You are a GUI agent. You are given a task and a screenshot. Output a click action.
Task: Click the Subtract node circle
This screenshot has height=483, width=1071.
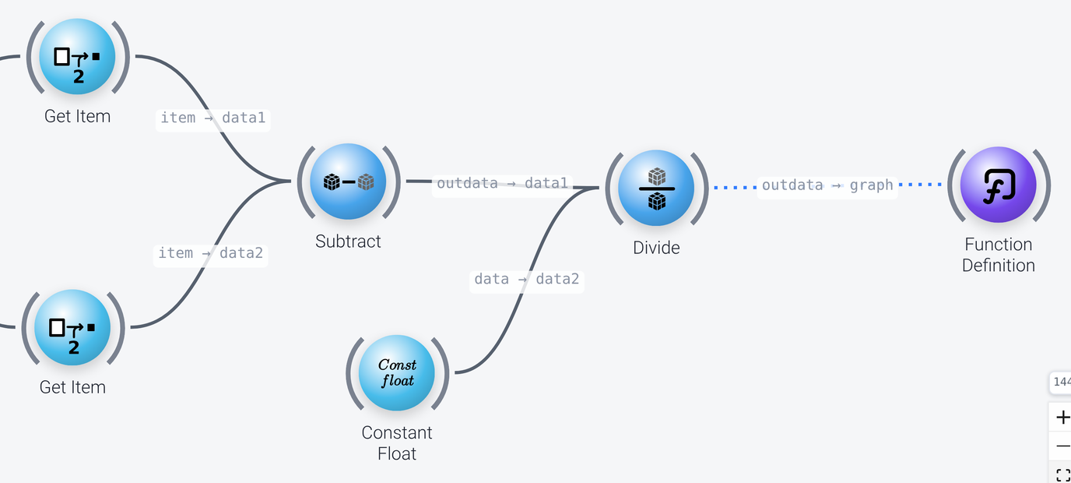[348, 182]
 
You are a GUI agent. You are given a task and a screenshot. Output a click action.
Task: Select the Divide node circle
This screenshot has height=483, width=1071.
[656, 188]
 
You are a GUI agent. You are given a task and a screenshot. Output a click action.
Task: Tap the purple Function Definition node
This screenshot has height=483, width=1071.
[999, 185]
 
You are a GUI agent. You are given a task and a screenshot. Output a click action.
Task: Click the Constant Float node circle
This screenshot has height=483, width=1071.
[397, 372]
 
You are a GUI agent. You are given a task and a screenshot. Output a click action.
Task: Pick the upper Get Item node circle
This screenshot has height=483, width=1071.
[77, 57]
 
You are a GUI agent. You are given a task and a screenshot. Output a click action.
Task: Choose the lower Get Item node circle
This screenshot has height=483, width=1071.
[72, 327]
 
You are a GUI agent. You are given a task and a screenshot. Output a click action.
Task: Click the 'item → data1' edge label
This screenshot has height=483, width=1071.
[212, 118]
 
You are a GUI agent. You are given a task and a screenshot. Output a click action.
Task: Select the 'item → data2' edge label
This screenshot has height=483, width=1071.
[210, 253]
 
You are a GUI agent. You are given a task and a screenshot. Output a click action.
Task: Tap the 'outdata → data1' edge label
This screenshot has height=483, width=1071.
[502, 183]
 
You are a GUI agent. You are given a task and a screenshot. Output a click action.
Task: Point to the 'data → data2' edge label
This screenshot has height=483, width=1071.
[526, 279]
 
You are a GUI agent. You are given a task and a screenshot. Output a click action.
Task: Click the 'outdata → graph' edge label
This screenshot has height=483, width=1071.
[827, 185]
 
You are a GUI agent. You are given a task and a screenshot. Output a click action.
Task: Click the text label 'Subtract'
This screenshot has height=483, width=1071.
[348, 241]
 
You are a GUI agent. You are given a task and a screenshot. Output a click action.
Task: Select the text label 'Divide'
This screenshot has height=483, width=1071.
[656, 248]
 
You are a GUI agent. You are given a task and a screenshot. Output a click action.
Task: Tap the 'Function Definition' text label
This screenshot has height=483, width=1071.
[999, 255]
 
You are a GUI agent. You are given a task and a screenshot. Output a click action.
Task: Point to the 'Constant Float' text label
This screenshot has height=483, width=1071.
[397, 442]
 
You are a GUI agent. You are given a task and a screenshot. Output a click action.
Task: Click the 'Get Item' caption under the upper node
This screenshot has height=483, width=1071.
[77, 116]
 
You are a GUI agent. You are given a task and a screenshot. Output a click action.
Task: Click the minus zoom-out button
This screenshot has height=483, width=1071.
[1062, 446]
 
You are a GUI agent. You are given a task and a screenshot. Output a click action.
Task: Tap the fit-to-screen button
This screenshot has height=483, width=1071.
[1062, 474]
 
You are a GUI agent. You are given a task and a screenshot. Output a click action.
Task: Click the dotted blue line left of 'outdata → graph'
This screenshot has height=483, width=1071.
[736, 187]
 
